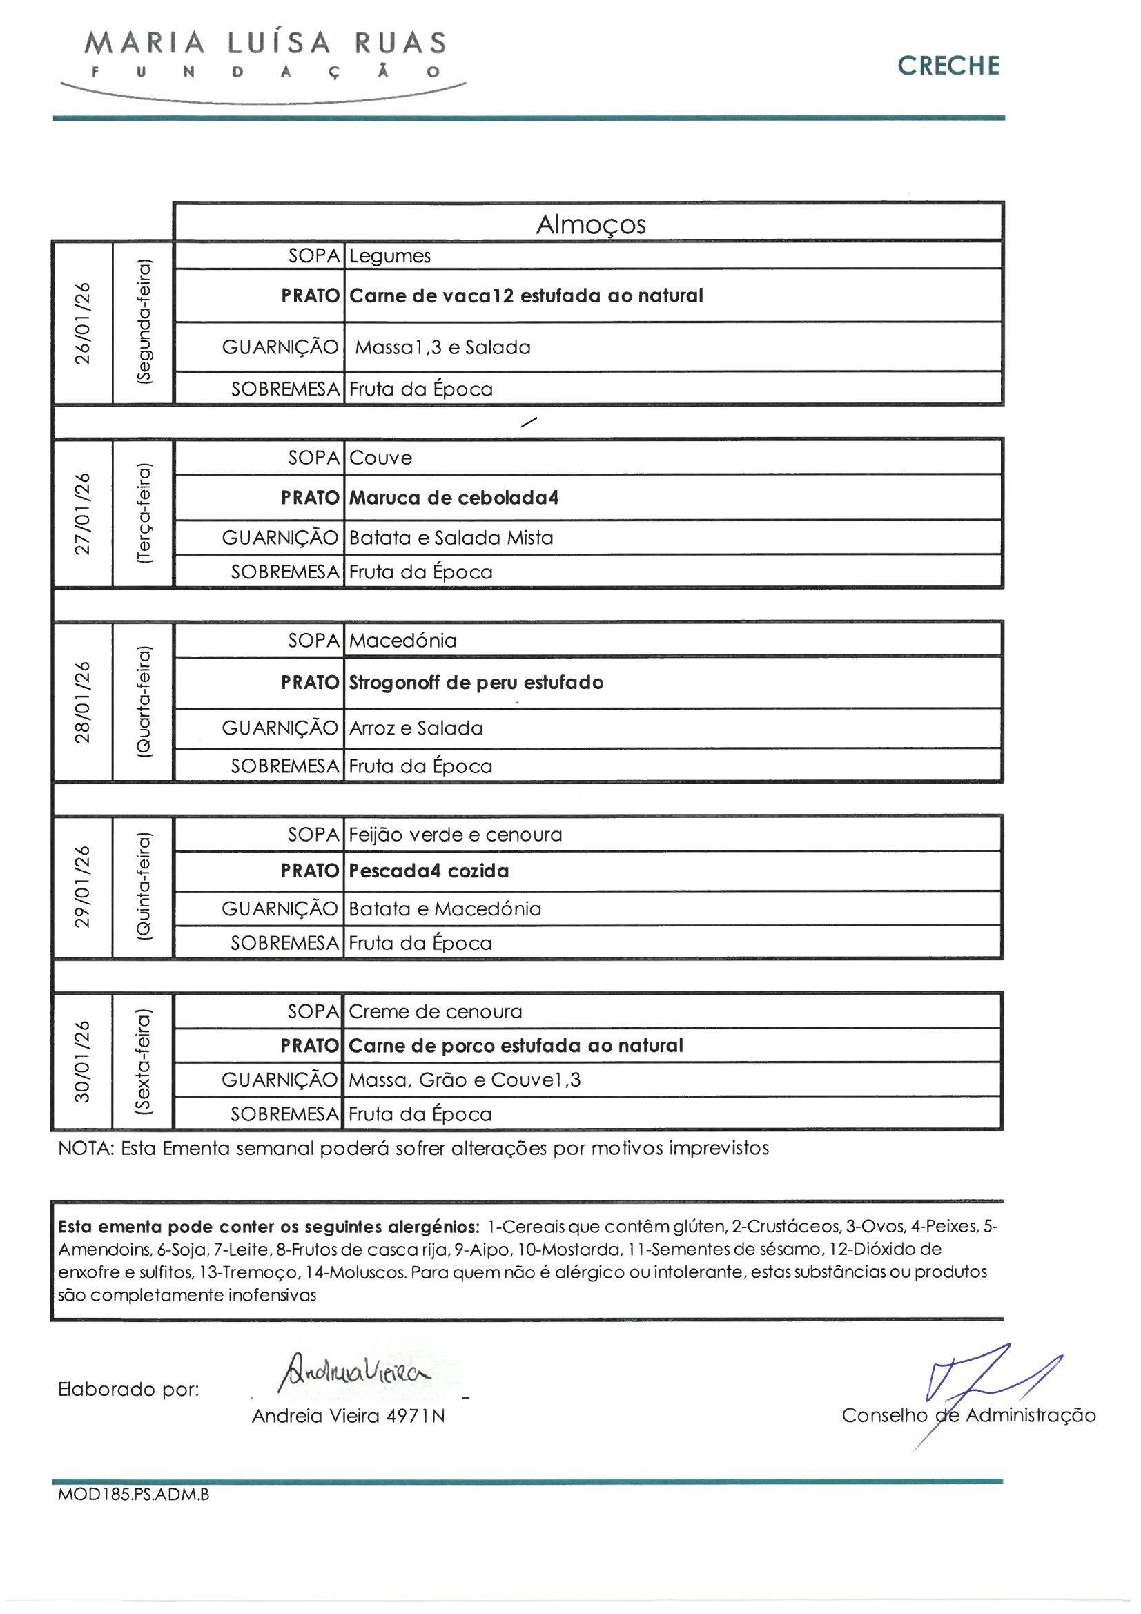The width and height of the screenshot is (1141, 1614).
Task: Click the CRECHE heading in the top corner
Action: click(x=948, y=66)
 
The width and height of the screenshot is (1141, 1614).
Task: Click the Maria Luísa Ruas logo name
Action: click(x=264, y=43)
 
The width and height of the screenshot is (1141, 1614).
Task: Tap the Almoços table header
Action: click(x=591, y=224)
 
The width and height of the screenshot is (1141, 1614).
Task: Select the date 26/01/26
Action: click(x=83, y=322)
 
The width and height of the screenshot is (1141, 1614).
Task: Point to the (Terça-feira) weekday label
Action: click(x=144, y=513)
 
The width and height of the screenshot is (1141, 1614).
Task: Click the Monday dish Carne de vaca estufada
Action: click(x=526, y=295)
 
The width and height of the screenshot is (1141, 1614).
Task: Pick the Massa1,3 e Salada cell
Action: click(x=442, y=347)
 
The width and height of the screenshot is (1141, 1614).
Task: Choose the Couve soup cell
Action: click(x=380, y=458)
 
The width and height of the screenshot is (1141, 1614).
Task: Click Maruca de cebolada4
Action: click(x=454, y=498)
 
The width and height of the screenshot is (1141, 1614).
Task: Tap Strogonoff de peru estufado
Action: click(x=476, y=683)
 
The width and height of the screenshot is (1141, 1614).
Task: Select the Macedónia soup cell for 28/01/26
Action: click(x=403, y=641)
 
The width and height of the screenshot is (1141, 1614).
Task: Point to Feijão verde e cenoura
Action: click(x=456, y=835)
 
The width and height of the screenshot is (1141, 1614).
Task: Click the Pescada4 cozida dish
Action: click(x=429, y=871)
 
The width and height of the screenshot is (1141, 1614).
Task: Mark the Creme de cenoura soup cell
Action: click(x=435, y=1011)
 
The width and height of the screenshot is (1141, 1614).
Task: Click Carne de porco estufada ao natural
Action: click(x=516, y=1045)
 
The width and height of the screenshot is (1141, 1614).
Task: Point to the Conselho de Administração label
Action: click(x=968, y=1415)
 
